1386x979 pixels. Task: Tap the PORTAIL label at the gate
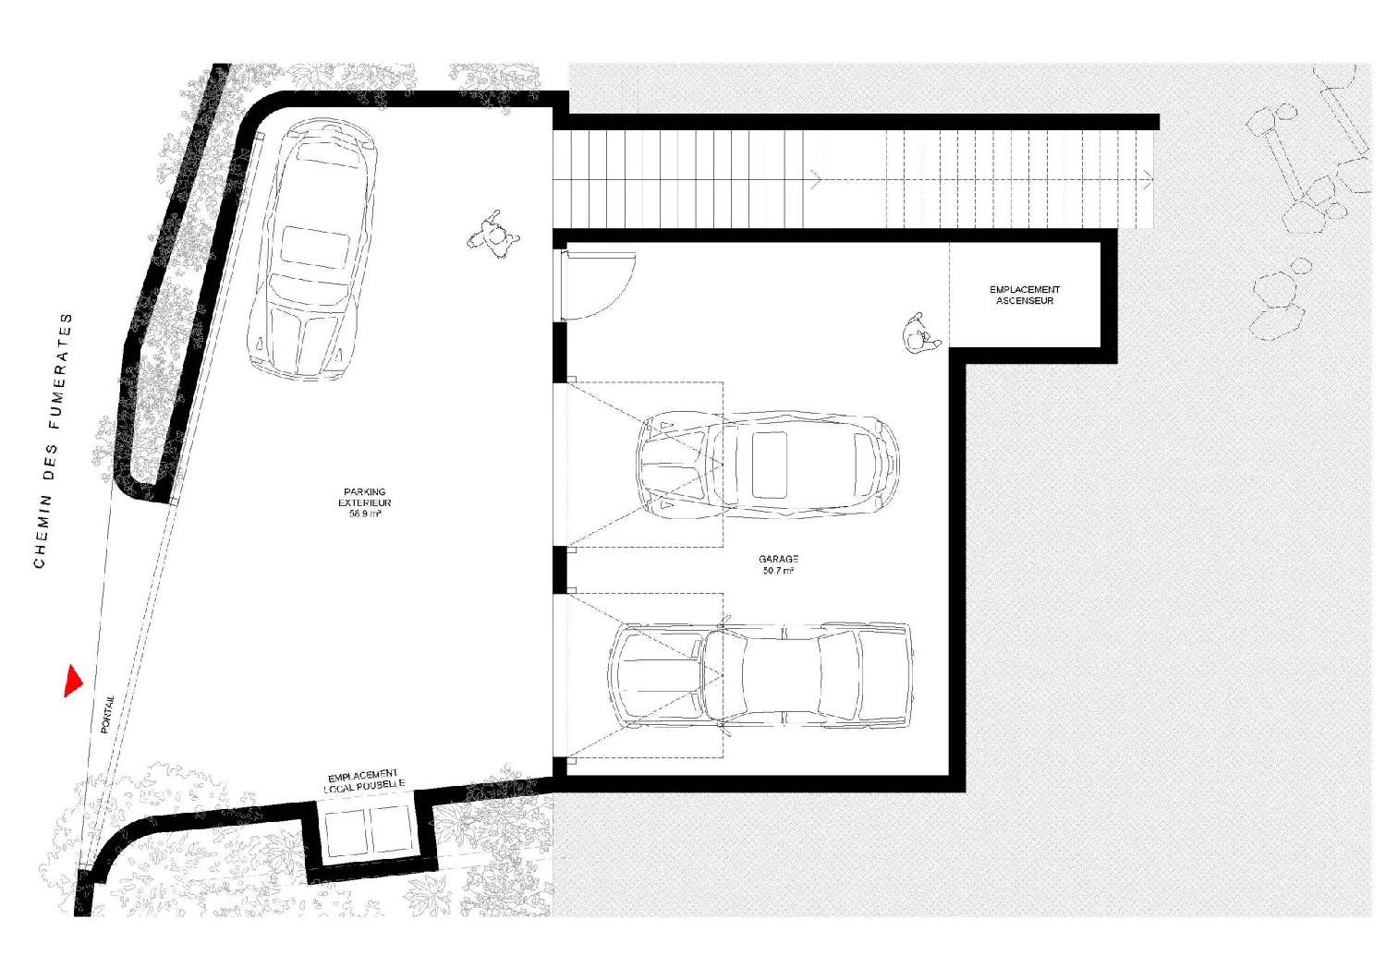tap(107, 714)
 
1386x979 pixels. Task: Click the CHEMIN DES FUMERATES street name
tap(53, 441)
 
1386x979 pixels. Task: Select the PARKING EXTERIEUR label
tap(364, 497)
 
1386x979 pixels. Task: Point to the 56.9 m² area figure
tap(365, 514)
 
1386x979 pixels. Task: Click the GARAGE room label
tap(778, 559)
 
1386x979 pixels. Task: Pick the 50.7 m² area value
tap(778, 570)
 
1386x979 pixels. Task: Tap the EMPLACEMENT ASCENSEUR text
tap(1025, 295)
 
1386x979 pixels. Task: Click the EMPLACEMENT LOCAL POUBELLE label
tap(364, 781)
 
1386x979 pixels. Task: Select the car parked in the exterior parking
tap(312, 249)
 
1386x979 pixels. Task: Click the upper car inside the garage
tap(768, 465)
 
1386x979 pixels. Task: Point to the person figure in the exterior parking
tap(493, 235)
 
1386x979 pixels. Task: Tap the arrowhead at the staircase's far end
tap(1148, 180)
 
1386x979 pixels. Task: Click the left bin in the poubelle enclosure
tap(347, 831)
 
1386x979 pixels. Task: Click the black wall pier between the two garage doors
tap(559, 570)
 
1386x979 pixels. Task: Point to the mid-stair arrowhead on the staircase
tap(816, 180)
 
